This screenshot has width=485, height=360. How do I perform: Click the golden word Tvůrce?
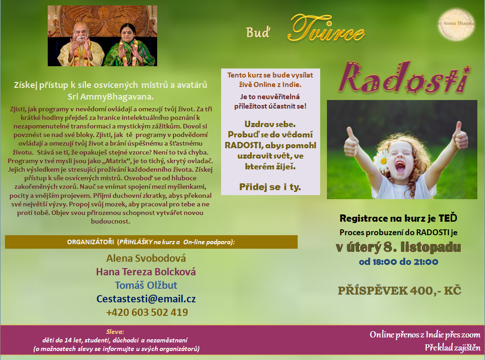pos(326,28)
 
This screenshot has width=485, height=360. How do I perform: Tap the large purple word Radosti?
pos(404,77)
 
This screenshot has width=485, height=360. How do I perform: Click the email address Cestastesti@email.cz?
pos(146,299)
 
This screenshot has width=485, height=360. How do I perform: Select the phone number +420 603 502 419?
pos(147,312)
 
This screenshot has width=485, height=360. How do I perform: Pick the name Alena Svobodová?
pos(146,258)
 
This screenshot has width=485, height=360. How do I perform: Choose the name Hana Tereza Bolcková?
pos(146,272)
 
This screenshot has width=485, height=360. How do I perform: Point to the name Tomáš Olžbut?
pos(146,285)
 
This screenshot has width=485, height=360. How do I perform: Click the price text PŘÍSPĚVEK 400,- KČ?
pos(399,291)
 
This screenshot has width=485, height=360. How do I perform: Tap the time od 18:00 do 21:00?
pos(399,262)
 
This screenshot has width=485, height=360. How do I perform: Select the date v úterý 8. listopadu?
pos(399,247)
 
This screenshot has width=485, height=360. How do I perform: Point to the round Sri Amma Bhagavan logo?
pos(457,24)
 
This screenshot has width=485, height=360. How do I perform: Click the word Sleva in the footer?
pos(115,332)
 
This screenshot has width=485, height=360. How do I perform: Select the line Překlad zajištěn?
pos(453,347)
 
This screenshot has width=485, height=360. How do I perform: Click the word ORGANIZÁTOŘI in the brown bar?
pos(91,242)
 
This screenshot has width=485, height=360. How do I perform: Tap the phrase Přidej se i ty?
pos(270,187)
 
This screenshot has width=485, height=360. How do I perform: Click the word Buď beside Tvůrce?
pos(258,32)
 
